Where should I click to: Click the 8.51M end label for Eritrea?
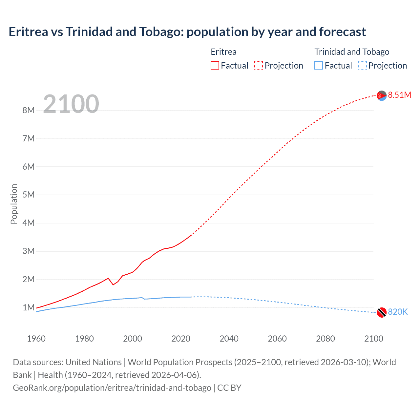click(399, 95)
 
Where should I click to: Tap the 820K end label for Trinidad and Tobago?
click(398, 312)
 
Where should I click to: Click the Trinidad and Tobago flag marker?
click(382, 312)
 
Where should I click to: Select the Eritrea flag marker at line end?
click(382, 96)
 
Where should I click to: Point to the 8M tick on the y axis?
click(29, 111)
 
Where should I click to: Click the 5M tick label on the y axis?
click(29, 195)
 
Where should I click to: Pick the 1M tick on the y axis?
click(29, 308)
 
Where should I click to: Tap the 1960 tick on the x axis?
click(36, 339)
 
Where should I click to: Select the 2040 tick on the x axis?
click(229, 339)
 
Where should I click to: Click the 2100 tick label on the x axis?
click(373, 339)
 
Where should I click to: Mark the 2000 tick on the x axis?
click(133, 339)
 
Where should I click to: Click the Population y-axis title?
click(14, 204)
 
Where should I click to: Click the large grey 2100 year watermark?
click(71, 104)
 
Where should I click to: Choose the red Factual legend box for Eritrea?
click(215, 66)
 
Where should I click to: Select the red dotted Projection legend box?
click(259, 66)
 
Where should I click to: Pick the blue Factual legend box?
click(319, 66)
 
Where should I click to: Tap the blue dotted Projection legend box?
click(363, 66)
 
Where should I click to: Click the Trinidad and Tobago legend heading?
click(352, 52)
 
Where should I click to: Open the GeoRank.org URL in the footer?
click(112, 388)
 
